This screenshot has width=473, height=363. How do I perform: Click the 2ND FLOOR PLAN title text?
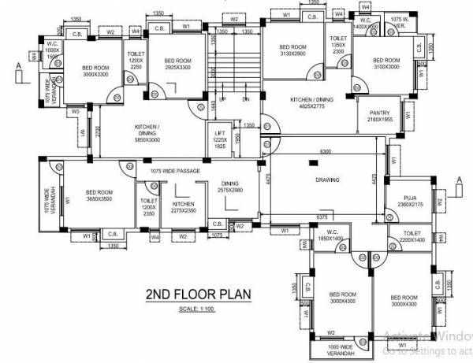click(198, 295)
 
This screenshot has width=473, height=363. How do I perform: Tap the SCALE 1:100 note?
click(197, 308)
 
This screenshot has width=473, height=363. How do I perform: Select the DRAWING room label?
click(327, 180)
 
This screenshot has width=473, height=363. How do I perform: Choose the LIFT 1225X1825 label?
click(221, 140)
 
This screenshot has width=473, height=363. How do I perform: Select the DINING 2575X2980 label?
click(230, 187)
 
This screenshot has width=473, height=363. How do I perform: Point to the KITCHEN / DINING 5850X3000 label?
click(147, 131)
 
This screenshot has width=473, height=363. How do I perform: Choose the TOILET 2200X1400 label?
click(411, 237)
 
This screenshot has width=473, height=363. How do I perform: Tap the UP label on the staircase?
click(223, 98)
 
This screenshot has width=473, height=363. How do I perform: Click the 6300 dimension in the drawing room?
click(325, 150)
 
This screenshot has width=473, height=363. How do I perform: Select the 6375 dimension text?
click(321, 216)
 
